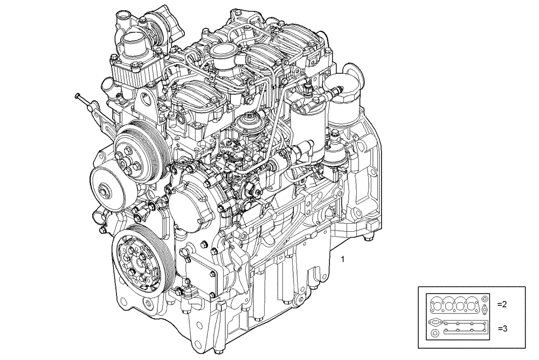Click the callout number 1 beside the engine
pos(343,259)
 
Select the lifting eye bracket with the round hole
pos(146,100)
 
